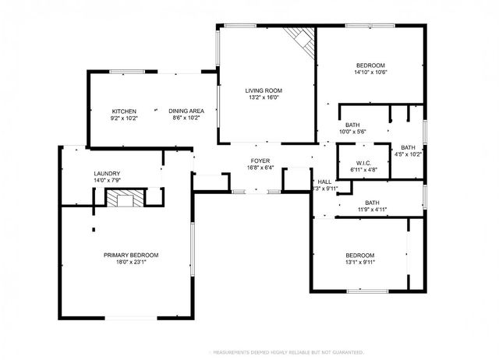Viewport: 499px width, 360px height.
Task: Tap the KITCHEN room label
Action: [x=124, y=111]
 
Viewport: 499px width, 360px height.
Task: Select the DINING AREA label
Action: [x=186, y=111]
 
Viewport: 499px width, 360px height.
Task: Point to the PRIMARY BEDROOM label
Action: [x=131, y=255]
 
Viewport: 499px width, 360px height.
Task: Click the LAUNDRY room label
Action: [x=107, y=174]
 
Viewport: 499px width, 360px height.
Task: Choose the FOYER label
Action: [x=260, y=159]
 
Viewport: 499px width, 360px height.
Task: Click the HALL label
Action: [x=324, y=181]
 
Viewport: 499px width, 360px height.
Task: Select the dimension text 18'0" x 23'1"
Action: [x=131, y=263]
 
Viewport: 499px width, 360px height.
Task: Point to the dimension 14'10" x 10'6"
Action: [x=370, y=72]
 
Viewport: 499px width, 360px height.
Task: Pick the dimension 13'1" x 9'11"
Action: [x=359, y=263]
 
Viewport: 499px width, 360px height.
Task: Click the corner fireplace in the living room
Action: [x=300, y=40]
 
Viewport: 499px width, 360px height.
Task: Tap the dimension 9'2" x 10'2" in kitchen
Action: [x=124, y=118]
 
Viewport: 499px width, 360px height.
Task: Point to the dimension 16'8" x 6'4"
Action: [x=260, y=167]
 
